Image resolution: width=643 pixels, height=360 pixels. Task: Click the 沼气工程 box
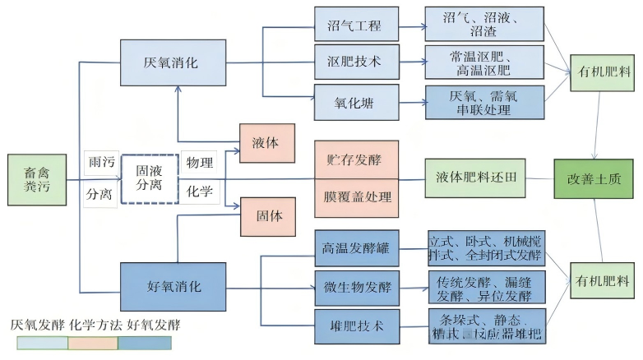356,25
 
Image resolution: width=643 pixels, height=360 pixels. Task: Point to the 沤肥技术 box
356,62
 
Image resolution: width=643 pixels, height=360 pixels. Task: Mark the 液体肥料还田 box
476,178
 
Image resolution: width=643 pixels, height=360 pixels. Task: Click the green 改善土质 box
595,178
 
